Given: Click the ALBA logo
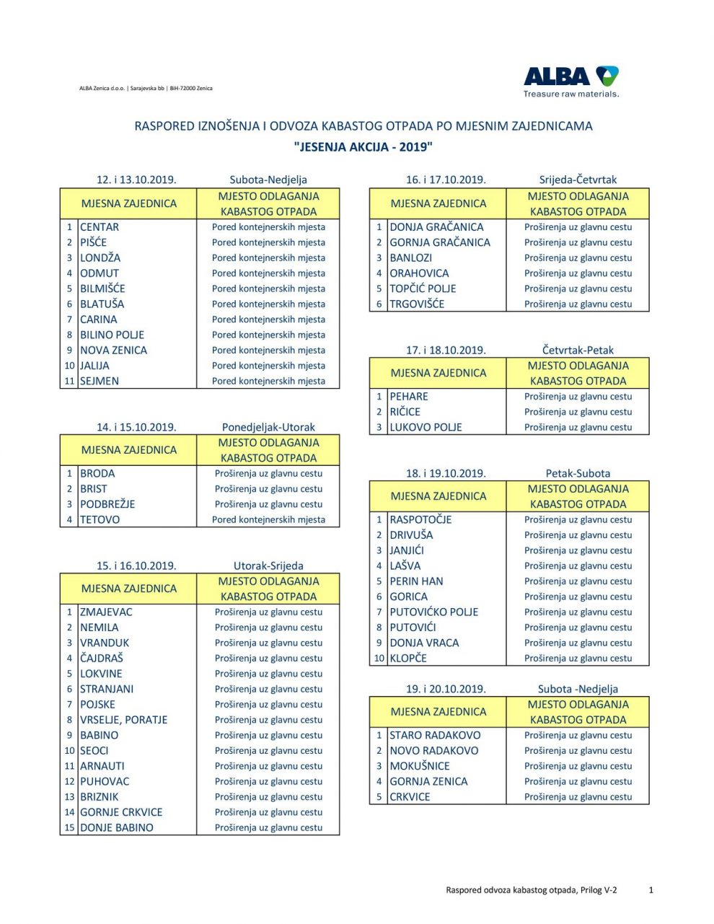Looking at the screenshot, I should (x=570, y=81).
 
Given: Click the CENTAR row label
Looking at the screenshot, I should (x=100, y=227).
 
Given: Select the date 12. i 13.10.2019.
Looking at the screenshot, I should (x=136, y=180).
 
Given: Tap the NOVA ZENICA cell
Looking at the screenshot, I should (x=113, y=351).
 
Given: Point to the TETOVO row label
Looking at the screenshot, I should (x=100, y=520).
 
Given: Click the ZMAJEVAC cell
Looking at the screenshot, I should (x=106, y=612).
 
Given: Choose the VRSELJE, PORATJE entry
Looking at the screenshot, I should (x=123, y=720).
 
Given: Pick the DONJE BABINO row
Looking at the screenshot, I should (x=116, y=828).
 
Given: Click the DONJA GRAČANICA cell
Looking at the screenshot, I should (x=436, y=227).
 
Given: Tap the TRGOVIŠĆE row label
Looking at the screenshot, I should (x=417, y=304).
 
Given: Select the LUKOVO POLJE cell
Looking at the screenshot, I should (x=426, y=428).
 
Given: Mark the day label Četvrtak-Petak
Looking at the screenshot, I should (x=578, y=350).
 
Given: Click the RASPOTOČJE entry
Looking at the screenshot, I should (x=420, y=520).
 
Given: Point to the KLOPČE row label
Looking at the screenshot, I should (x=408, y=659).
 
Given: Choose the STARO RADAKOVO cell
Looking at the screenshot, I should (x=435, y=736).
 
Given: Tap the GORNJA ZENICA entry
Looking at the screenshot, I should (x=428, y=782).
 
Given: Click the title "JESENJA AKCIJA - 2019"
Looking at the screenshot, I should (x=363, y=147).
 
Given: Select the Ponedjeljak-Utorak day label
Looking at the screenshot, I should (x=268, y=427).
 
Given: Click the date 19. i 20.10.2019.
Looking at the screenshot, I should (x=446, y=689).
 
